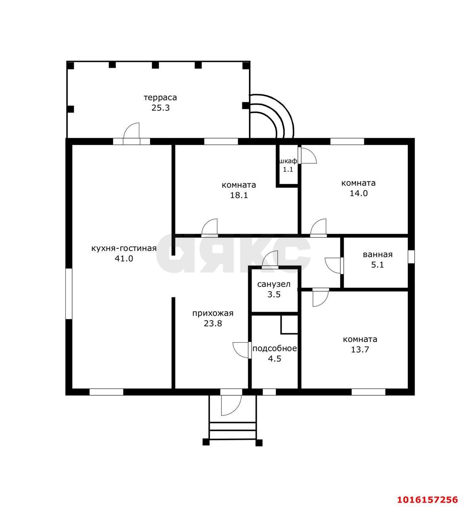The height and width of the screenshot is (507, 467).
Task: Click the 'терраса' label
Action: [160, 97]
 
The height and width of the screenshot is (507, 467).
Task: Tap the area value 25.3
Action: [161, 108]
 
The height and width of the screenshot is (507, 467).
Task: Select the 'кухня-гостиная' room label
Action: [124, 248]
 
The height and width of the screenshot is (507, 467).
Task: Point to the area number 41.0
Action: [124, 259]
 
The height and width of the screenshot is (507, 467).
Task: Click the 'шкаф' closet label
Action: [288, 161]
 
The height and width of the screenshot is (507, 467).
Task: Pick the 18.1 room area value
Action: [239, 195]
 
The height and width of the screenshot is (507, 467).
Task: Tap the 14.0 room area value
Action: [359, 193]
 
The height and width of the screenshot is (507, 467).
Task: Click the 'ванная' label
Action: [378, 255]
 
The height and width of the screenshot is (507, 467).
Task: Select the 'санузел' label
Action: [274, 284]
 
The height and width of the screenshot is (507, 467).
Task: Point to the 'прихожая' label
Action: [213, 313]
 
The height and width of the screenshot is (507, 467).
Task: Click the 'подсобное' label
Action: [275, 349]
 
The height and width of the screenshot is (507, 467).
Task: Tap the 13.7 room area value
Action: [360, 349]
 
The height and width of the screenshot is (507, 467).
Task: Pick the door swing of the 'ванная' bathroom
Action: [333, 266]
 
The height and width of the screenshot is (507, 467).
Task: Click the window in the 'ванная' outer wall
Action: [411, 257]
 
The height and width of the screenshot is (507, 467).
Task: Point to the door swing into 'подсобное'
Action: [241, 350]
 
